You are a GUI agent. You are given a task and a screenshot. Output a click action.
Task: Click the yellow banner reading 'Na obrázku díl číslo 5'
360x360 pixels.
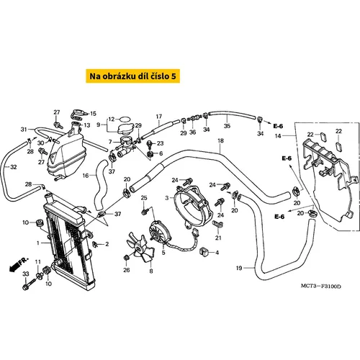tap(132, 76)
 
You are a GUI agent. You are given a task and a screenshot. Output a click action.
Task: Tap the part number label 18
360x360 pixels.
tap(220, 140)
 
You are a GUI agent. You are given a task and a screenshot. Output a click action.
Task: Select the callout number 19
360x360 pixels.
tap(239, 268)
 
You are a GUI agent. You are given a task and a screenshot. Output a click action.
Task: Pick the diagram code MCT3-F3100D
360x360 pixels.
tap(321, 286)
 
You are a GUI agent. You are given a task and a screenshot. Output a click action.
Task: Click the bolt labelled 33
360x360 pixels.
tap(30, 284)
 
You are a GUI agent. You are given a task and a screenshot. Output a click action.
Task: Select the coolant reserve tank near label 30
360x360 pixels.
tap(66, 153)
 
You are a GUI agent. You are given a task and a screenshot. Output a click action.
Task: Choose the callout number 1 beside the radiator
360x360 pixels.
tap(38, 243)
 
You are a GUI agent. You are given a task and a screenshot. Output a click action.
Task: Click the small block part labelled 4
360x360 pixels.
tap(204, 252)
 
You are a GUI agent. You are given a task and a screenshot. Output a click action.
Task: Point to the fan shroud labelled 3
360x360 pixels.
tap(194, 207)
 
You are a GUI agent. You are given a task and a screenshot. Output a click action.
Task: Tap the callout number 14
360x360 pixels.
tap(278, 136)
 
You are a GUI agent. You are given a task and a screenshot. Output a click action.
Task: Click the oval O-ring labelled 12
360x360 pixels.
tap(125, 119)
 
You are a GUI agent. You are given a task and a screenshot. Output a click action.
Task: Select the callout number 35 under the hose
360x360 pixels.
tap(227, 126)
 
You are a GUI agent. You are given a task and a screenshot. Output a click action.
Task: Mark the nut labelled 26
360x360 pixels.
tap(126, 258)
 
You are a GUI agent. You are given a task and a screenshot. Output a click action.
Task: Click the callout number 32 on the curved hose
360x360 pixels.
tap(14, 167)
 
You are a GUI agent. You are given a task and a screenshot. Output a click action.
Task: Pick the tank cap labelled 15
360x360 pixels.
tap(77, 113)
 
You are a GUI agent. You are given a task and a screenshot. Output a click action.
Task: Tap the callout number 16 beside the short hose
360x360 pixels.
tap(86, 176)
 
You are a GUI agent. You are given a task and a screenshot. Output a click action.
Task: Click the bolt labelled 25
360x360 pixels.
tap(145, 212)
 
